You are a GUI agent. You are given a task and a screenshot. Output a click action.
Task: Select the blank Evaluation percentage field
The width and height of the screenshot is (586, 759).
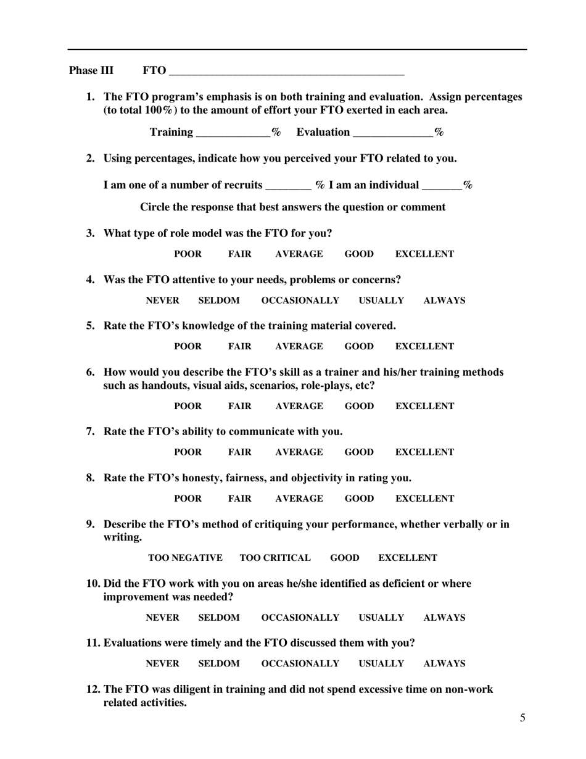point(392,133)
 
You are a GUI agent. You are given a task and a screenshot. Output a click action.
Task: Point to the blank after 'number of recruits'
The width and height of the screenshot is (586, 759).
point(287,186)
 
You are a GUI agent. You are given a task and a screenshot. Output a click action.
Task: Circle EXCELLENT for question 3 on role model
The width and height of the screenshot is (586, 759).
point(424,254)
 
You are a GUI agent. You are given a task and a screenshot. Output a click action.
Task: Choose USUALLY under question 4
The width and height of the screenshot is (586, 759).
point(381,301)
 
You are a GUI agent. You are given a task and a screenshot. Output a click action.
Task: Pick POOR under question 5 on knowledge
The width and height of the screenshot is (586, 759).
point(188,347)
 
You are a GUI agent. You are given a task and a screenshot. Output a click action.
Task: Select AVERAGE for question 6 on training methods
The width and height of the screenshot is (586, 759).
point(299,406)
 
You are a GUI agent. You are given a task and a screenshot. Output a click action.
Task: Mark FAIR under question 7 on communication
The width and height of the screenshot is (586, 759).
point(239,452)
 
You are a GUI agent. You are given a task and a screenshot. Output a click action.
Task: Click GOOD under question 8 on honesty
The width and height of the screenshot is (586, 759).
point(359,499)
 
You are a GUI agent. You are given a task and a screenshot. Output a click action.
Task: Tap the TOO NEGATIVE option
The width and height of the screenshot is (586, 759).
point(185,558)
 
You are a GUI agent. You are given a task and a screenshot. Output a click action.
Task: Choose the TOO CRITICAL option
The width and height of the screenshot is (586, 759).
point(275,558)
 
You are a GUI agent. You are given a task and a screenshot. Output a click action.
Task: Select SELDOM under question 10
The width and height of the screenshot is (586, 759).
point(218,618)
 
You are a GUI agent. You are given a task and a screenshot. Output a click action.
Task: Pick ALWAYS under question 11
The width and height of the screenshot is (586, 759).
point(444,664)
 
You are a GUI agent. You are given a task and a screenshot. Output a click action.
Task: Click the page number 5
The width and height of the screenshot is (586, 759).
point(522,718)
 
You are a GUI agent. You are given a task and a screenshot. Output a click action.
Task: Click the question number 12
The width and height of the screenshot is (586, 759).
point(93,689)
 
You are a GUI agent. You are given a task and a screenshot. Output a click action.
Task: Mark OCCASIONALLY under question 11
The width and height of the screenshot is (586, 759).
point(300,664)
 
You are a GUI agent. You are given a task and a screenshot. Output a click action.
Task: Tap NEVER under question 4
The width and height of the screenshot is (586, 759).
point(162,301)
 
